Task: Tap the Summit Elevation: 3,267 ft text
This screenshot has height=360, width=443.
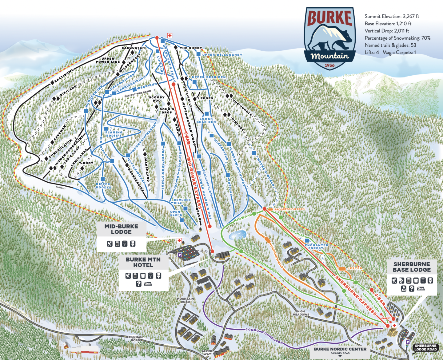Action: [x=392, y=16]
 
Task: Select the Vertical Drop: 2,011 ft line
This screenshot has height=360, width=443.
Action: [x=387, y=31]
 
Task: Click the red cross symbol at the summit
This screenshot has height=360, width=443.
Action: [x=170, y=36]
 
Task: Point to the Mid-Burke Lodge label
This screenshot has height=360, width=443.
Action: [x=121, y=229]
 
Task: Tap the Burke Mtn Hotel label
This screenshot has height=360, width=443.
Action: [x=143, y=262]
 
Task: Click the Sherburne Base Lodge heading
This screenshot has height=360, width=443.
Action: [x=412, y=267]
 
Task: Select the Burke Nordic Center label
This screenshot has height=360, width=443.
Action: [x=340, y=349]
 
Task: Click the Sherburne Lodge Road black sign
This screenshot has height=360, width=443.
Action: [x=425, y=347]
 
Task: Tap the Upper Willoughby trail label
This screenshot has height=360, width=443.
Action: [x=222, y=55]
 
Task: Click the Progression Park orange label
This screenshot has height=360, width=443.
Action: [x=289, y=209]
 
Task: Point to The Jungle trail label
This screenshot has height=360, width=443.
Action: [x=243, y=108]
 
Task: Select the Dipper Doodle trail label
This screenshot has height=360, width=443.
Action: [x=103, y=186]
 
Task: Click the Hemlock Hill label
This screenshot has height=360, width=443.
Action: [x=182, y=201]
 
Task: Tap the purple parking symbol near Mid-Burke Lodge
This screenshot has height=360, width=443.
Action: [x=179, y=255]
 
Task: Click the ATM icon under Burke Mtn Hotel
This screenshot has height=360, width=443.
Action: [x=148, y=284]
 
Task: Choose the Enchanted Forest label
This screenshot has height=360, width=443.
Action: [x=316, y=247]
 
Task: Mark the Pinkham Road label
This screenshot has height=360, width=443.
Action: [x=135, y=338]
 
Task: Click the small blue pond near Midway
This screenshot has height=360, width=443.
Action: [x=237, y=235]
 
